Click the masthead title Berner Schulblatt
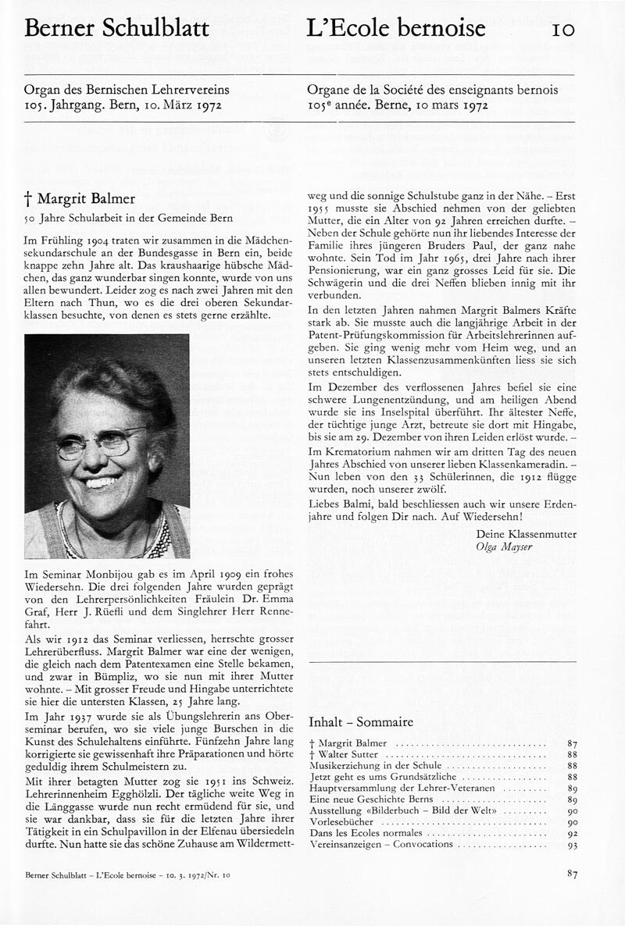point(117,30)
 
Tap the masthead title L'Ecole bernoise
point(396,30)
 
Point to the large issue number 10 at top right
point(564,30)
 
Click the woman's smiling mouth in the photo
point(102,481)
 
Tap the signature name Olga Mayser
point(503,547)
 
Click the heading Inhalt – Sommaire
point(361,721)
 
